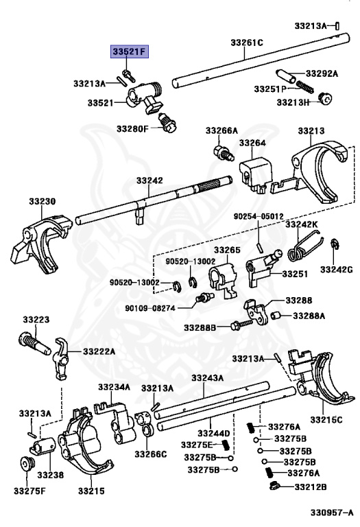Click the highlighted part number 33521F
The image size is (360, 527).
(130, 51)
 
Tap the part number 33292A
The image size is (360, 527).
(322, 73)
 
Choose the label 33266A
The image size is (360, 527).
(221, 130)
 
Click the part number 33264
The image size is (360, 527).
(252, 143)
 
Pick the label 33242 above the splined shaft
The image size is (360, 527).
(149, 180)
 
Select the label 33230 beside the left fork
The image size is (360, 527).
(42, 202)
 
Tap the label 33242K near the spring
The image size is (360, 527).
(302, 224)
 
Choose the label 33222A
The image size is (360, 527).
(99, 351)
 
